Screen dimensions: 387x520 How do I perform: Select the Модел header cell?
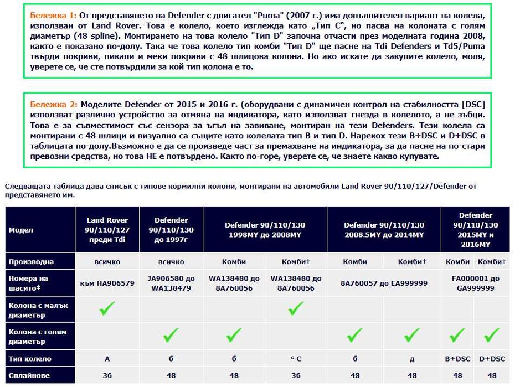[x=21, y=230]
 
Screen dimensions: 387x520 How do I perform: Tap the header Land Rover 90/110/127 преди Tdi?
[x=107, y=230]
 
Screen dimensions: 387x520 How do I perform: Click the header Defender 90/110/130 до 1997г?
[x=171, y=230]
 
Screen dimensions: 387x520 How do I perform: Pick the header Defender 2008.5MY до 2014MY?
[x=384, y=230]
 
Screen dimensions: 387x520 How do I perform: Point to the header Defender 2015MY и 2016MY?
[x=476, y=230]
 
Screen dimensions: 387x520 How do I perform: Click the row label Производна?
[x=31, y=261]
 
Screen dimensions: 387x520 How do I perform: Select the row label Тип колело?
[x=30, y=359]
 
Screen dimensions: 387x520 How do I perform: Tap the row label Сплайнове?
[x=29, y=375]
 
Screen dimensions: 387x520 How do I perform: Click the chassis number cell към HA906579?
[x=107, y=283]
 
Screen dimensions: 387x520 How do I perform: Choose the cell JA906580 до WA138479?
[x=171, y=283]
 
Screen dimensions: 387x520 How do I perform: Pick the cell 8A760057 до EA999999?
[x=384, y=283]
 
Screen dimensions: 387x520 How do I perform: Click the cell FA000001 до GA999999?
[x=476, y=283]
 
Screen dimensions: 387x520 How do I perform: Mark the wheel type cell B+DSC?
[x=458, y=359]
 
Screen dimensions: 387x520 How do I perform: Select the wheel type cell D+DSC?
[x=492, y=359]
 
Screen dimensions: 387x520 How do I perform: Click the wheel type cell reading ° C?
[x=296, y=359]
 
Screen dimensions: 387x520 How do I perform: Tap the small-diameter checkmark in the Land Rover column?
[x=107, y=309]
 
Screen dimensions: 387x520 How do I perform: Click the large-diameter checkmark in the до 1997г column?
[x=171, y=336]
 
